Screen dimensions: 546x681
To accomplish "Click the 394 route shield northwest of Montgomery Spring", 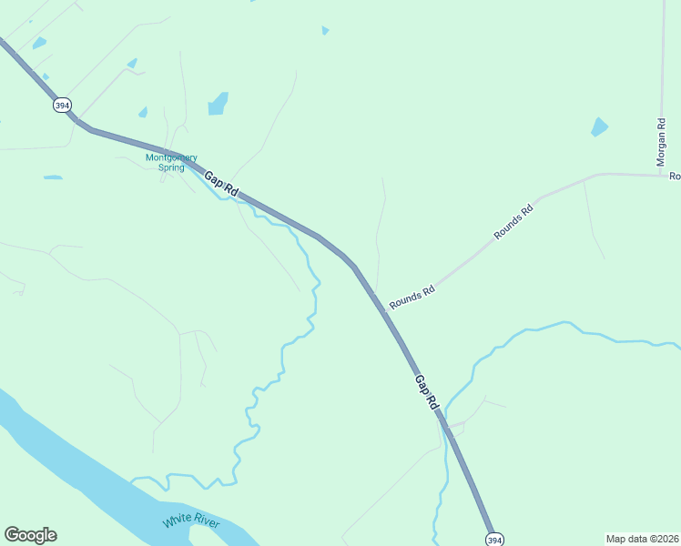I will point(62,106).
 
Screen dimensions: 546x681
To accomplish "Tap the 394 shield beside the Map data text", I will point(492,539).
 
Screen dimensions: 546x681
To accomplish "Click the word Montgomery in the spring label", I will point(171,157).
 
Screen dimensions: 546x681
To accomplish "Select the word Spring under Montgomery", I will point(171,167).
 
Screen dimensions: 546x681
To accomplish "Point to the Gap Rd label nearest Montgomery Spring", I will point(221,185).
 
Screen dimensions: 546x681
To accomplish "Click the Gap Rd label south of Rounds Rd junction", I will point(426,392).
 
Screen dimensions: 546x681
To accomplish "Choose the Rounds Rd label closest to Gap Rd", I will point(412,297).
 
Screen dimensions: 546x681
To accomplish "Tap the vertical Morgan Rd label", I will point(662,142).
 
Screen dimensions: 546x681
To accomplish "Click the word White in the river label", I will point(178,521).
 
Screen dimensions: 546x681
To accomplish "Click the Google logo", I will point(30,535).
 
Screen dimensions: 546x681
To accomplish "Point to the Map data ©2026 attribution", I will point(643,539).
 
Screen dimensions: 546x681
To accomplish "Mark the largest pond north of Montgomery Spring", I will point(218,104).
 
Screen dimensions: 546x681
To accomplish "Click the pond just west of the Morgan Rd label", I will point(599,126).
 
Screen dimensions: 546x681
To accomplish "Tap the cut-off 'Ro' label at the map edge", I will point(675,176).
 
